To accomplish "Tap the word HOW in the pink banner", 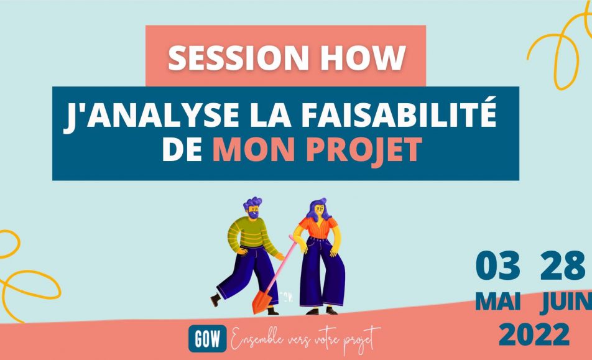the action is pos(364,58).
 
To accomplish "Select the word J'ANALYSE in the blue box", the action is pos(151,115).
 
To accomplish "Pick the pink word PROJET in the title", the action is pos(364,150).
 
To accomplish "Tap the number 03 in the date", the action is pos(497,265).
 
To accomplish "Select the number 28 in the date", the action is pos(563,265).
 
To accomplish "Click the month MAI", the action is pos(498,302).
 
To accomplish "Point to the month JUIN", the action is pos(566,302).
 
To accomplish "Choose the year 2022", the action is pos(534,335).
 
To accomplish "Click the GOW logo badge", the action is pos(208,338).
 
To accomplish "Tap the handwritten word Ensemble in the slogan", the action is pos(257,338).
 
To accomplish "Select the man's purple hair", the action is pos(252,203).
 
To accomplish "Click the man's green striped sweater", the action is pos(249,236).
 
